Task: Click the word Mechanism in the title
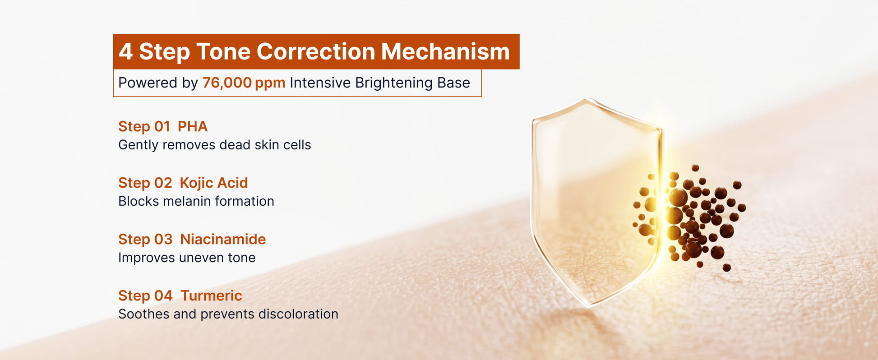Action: point(445,51)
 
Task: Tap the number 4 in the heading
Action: point(125,51)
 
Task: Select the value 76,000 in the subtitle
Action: point(227,83)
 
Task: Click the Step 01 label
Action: point(144,126)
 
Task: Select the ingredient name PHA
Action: point(193,126)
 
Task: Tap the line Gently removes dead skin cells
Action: point(215,145)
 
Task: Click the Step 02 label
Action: point(145,183)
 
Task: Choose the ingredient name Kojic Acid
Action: point(214,183)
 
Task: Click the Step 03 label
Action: point(145,239)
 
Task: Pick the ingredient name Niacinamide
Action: point(223,239)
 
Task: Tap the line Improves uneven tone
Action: point(187,258)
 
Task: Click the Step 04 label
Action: point(145,295)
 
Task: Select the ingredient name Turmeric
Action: point(211,295)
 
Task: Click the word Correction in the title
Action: point(316,51)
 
